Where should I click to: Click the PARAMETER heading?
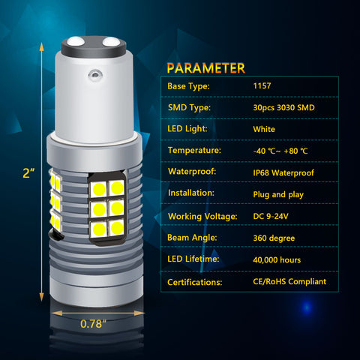pyautogui.click(x=206, y=68)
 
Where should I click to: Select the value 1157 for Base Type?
pyautogui.click(x=262, y=85)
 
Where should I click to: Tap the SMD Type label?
pyautogui.click(x=189, y=107)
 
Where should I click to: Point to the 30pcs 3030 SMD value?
pyautogui.click(x=283, y=107)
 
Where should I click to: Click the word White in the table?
pyautogui.click(x=264, y=129)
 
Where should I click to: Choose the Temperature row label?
pyautogui.click(x=194, y=150)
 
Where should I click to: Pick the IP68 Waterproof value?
pyautogui.click(x=283, y=172)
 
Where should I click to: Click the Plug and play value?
pyautogui.click(x=278, y=194)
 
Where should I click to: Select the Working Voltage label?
pyautogui.click(x=202, y=216)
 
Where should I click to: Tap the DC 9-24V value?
pyautogui.click(x=271, y=216)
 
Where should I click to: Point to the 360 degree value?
pyautogui.click(x=274, y=238)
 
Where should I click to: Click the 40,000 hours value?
pyautogui.click(x=277, y=259)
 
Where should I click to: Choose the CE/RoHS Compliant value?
pyautogui.click(x=289, y=281)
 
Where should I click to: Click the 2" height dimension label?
pyautogui.click(x=28, y=173)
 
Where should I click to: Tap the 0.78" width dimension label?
pyautogui.click(x=93, y=324)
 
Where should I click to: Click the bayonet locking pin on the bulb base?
pyautogui.click(x=95, y=74)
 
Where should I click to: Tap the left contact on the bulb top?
pyautogui.click(x=76, y=41)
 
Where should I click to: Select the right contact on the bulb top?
pyautogui.click(x=111, y=42)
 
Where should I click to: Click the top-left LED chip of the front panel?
pyautogui.click(x=98, y=189)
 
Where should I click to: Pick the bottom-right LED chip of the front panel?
pyautogui.click(x=116, y=227)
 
